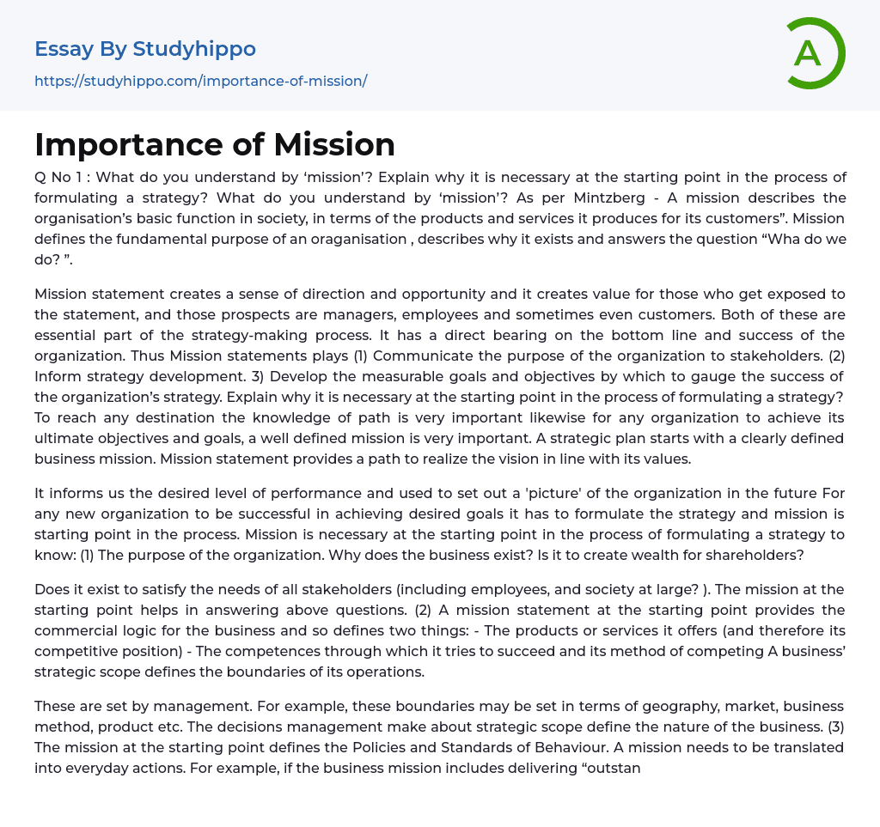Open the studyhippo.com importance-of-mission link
(201, 81)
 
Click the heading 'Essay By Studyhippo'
(145, 49)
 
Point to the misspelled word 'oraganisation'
(342, 239)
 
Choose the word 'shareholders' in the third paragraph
(753, 555)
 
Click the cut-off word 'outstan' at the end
(613, 768)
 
